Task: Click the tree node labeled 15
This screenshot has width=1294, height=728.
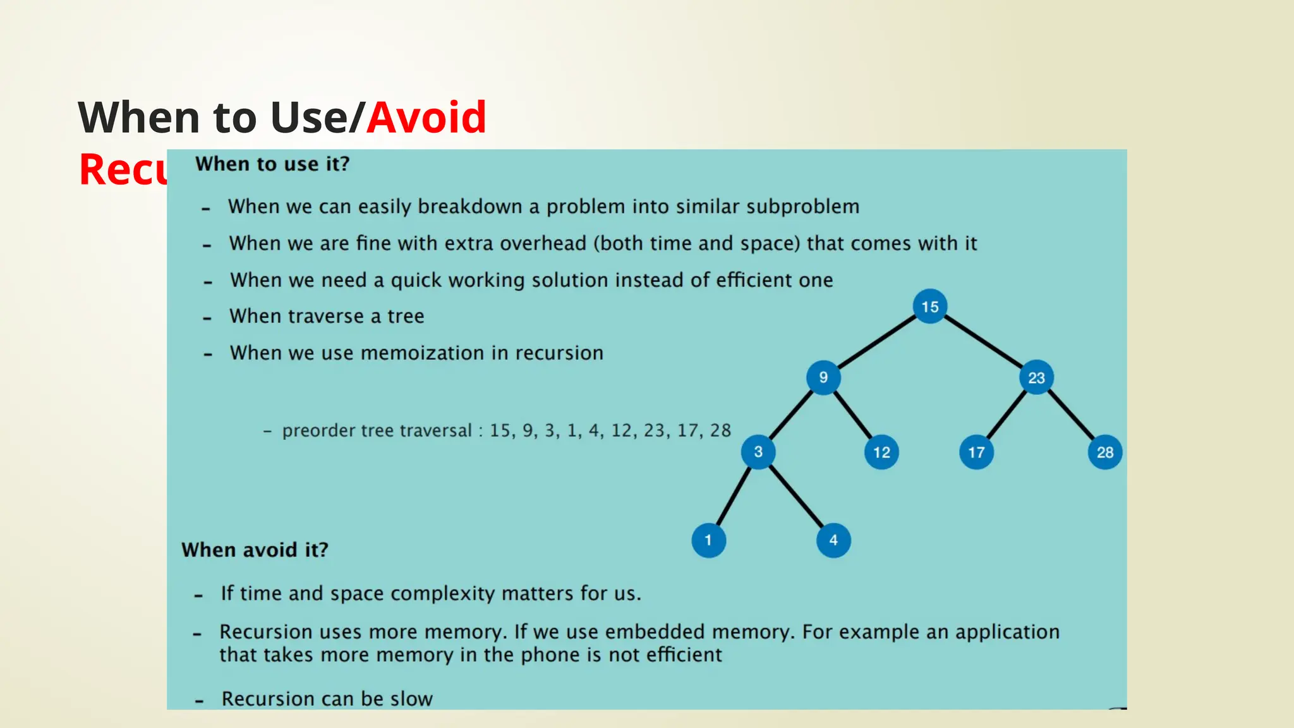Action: [929, 306]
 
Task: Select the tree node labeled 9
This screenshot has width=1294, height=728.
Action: [823, 377]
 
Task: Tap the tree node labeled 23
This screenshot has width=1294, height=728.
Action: [1036, 377]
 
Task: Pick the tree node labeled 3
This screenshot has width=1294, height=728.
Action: [758, 452]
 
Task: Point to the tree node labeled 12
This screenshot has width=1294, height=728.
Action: [881, 452]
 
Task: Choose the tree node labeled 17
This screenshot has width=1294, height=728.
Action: [976, 452]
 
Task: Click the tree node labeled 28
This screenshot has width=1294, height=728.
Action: [1105, 452]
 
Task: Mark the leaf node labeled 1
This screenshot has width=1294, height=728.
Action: [708, 540]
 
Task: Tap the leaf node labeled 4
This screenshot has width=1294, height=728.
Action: [833, 540]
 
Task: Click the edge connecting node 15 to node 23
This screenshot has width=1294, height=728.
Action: [983, 342]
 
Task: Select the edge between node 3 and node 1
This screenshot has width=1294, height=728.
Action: [734, 496]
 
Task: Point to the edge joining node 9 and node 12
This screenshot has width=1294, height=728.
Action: [852, 415]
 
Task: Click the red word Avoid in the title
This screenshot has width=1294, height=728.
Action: [426, 118]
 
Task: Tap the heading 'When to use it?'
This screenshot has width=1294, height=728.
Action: [272, 164]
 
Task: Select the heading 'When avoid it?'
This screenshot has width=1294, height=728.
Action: [255, 550]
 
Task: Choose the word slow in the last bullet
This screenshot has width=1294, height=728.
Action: [411, 699]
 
